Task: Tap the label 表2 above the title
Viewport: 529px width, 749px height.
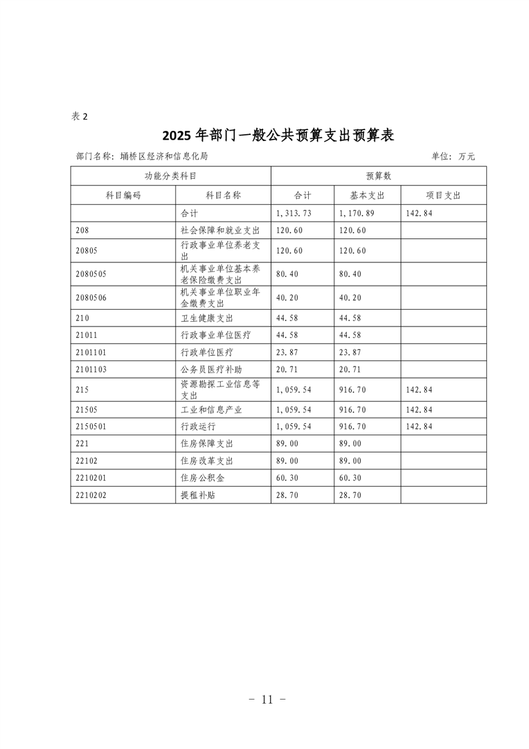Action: click(x=79, y=116)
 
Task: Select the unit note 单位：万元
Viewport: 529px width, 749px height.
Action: click(x=453, y=156)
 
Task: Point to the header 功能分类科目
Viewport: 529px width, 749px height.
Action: click(x=171, y=176)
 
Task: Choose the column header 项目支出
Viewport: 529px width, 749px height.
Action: click(x=443, y=195)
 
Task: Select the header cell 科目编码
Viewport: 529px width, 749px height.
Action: click(x=123, y=195)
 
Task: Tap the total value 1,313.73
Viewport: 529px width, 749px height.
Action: click(x=294, y=214)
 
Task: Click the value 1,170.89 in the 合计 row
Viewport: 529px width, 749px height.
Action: click(x=359, y=214)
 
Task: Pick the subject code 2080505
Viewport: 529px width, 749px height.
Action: click(x=91, y=274)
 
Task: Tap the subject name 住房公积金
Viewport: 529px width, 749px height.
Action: click(x=202, y=478)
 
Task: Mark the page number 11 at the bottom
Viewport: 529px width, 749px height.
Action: click(x=268, y=700)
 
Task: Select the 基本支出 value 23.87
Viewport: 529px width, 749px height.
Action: click(x=351, y=350)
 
